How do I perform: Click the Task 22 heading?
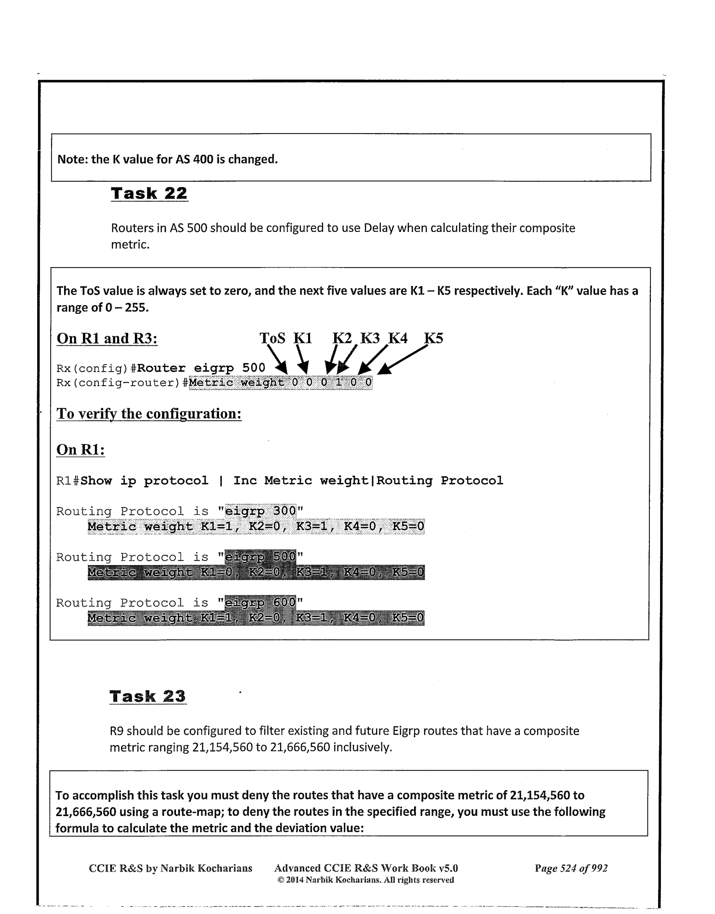coord(149,194)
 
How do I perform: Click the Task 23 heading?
coord(148,697)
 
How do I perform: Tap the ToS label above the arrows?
coord(272,338)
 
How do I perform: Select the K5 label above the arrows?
coord(433,338)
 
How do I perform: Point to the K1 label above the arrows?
coord(303,338)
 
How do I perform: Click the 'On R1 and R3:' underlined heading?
coord(107,338)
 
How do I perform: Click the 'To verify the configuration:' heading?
coord(149,414)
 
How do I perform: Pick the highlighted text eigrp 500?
coord(260,557)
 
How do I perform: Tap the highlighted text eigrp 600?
coord(260,603)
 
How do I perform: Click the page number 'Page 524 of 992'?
coord(571,868)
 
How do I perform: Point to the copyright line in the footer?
coord(366,880)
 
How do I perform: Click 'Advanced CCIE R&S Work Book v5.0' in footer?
coord(366,868)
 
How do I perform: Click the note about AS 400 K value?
coord(168,159)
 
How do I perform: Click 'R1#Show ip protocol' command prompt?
coord(133,481)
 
